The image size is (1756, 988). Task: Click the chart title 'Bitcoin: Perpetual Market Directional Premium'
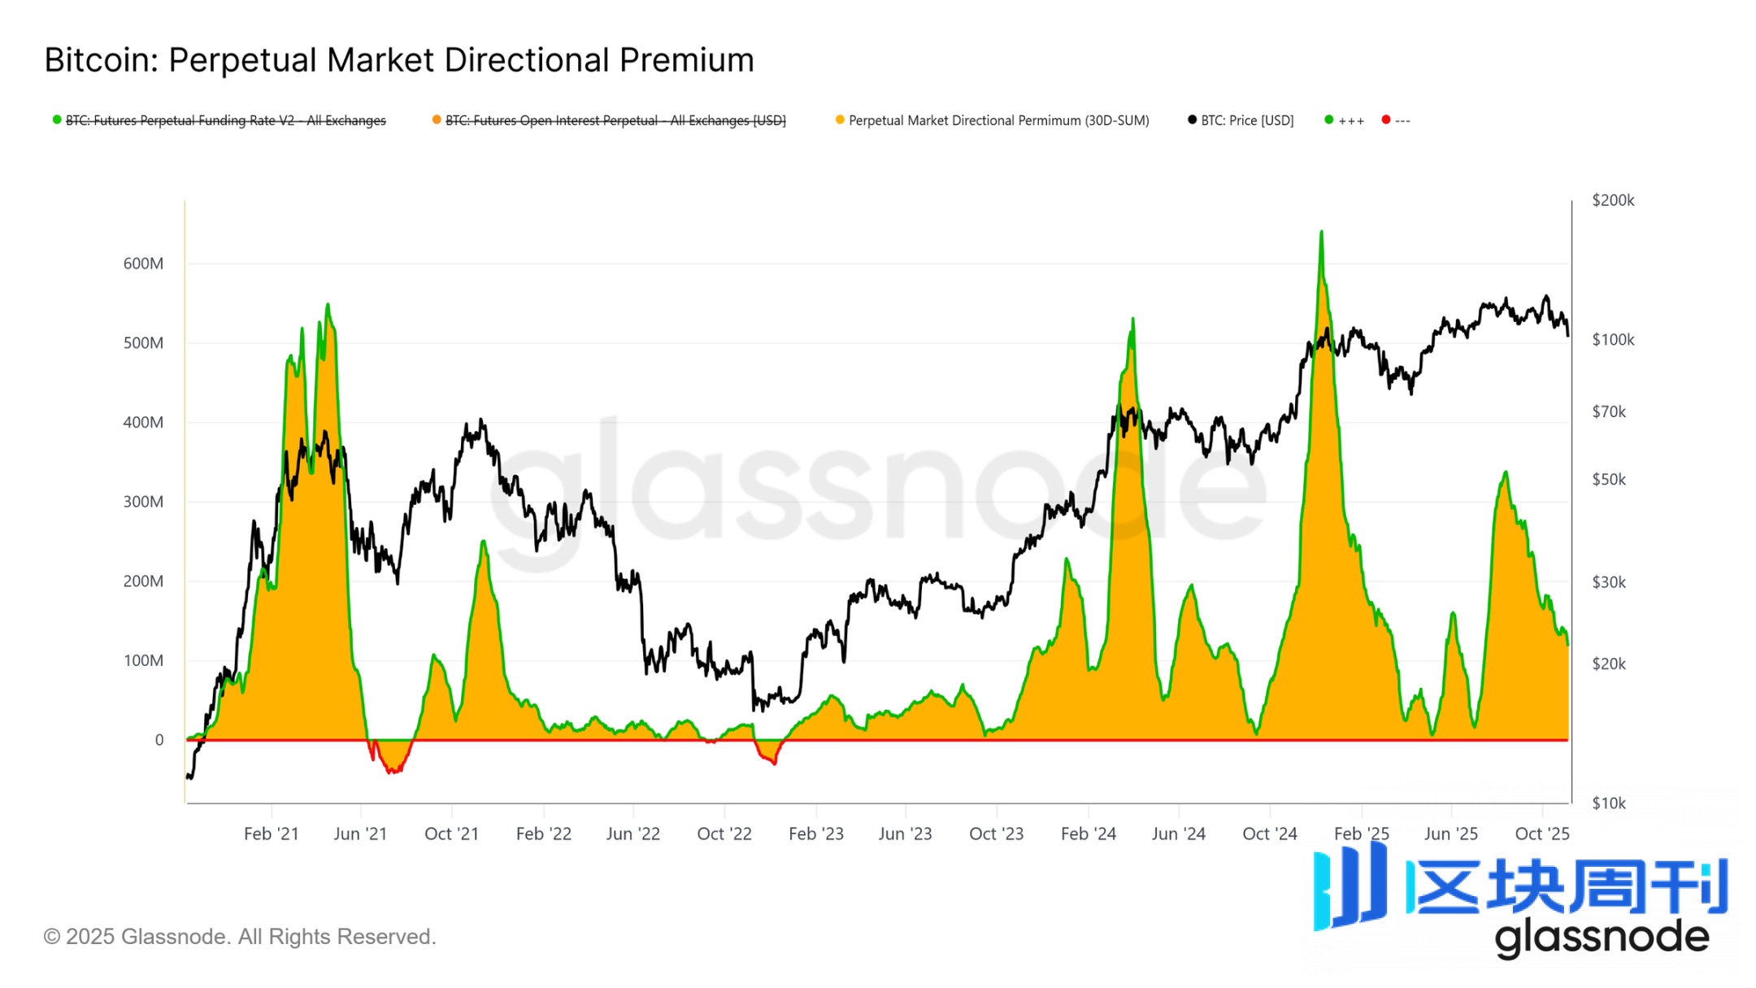pos(399,60)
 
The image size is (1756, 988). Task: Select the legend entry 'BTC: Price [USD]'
pos(1246,120)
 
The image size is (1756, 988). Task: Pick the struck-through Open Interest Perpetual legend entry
pos(615,120)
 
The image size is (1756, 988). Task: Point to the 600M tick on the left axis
pos(143,263)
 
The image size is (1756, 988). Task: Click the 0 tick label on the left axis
pos(159,740)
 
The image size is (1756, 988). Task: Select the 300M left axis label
pos(143,502)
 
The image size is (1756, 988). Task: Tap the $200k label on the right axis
pos(1613,200)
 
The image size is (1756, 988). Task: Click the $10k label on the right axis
pos(1609,803)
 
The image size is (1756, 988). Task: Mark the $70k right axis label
pos(1609,412)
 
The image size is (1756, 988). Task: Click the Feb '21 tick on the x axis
pos(272,833)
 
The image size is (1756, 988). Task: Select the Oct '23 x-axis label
pos(996,833)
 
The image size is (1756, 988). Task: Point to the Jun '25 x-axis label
pos(1451,833)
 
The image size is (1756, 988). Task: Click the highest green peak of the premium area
pos(1321,233)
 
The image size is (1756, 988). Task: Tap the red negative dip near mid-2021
pos(393,769)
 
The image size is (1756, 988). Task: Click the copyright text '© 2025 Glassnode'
pos(240,937)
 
